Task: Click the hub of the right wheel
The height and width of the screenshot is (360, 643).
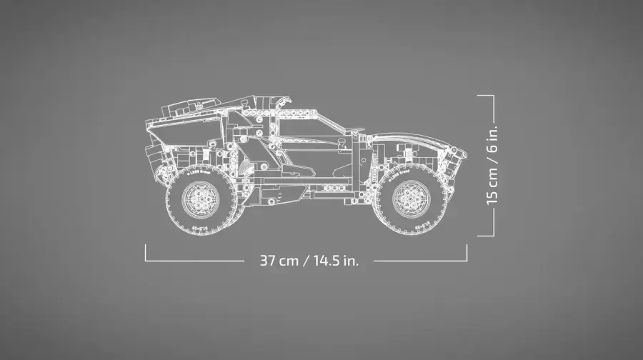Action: click(x=407, y=198)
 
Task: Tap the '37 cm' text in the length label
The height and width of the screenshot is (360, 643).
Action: click(x=279, y=260)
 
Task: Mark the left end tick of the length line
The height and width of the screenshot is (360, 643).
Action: click(x=146, y=253)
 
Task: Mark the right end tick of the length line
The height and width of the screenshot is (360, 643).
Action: click(x=467, y=253)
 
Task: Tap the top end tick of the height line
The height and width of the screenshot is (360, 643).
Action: click(x=486, y=94)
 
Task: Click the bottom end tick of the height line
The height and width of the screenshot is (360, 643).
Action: click(x=486, y=234)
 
